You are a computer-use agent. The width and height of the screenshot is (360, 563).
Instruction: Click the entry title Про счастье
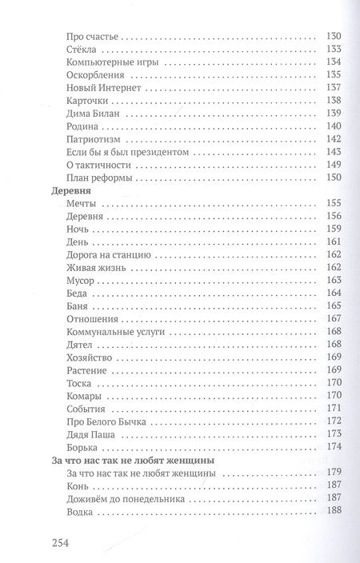click(x=87, y=37)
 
